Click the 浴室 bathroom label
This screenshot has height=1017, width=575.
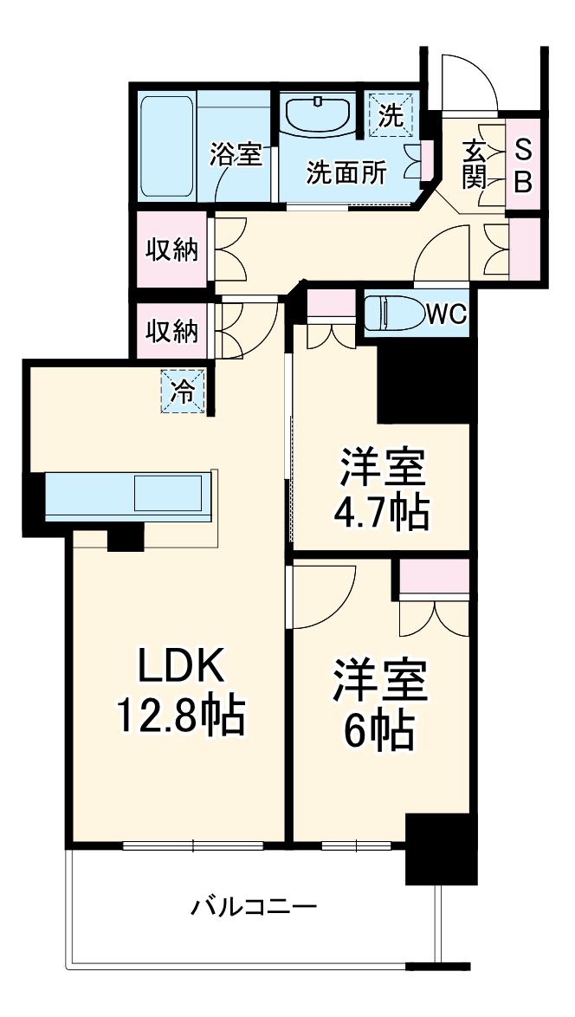tap(236, 155)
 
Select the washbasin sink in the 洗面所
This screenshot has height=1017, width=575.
tap(318, 114)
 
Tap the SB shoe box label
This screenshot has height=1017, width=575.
tap(523, 166)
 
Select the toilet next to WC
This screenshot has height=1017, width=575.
tap(391, 313)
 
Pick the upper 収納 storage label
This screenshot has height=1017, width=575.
tap(171, 250)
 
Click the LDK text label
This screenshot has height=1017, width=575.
tap(182, 669)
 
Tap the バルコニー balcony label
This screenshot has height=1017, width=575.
tap(254, 908)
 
